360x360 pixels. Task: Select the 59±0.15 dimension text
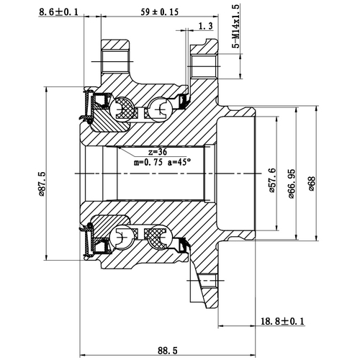(x=158, y=12)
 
